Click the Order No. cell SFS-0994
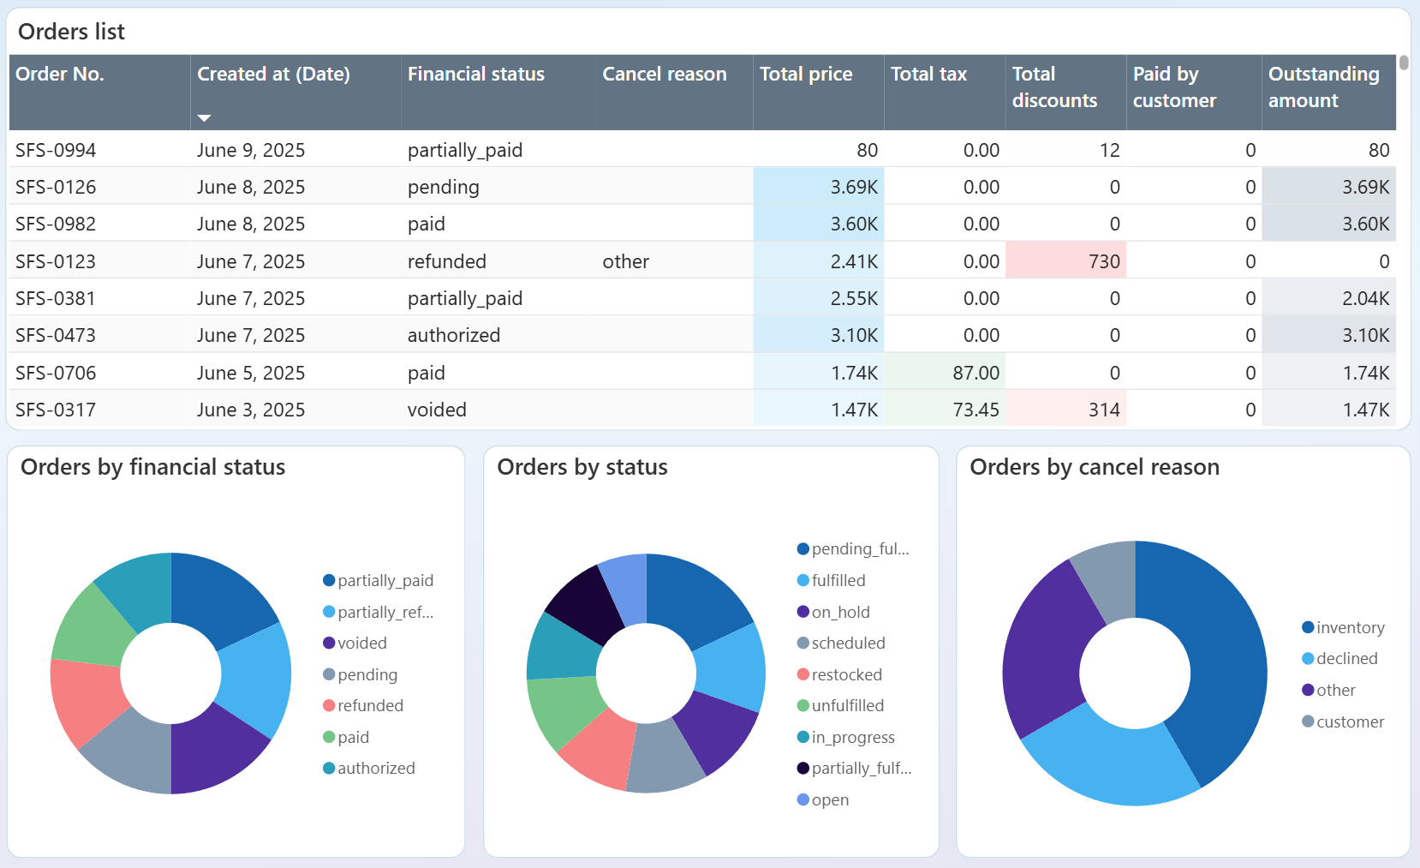coord(56,150)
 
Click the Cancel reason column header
coord(664,75)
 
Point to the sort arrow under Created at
coord(204,117)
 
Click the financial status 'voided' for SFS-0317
coord(437,410)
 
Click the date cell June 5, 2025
coord(250,373)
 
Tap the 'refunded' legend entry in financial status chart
coord(369,705)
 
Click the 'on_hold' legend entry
coord(839,612)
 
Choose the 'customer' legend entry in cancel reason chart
coord(1349,721)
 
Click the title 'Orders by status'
coord(582,467)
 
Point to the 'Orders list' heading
coord(71,32)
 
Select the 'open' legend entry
coord(829,799)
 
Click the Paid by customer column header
coord(1173,87)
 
